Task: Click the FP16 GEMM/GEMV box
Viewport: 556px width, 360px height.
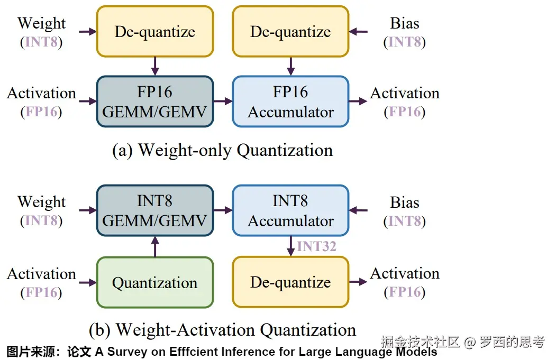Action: (155, 101)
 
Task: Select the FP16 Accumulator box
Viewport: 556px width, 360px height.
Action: (290, 101)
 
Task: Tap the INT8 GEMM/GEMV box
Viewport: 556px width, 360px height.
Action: (155, 210)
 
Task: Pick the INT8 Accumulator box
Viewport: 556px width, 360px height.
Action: (290, 210)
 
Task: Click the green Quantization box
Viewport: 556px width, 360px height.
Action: (155, 282)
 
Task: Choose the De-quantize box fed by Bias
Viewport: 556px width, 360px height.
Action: (290, 32)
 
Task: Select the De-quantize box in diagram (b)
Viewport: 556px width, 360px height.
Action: (290, 282)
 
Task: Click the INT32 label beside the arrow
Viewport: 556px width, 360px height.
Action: (316, 246)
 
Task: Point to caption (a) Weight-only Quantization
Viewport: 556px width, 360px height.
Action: (223, 150)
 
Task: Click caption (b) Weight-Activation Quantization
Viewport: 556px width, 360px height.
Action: (223, 330)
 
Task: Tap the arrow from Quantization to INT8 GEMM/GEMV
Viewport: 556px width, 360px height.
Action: (155, 246)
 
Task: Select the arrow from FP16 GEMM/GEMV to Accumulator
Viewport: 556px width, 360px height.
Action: (223, 101)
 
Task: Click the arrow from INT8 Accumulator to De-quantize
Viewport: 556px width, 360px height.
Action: (290, 246)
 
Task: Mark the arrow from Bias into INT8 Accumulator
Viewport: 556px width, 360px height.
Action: (358, 210)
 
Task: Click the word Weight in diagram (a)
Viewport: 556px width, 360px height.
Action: (41, 23)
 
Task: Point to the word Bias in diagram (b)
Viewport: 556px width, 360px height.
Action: (405, 202)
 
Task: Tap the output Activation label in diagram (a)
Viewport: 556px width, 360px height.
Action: (405, 93)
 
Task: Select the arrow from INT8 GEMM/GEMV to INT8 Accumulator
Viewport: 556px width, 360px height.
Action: (223, 210)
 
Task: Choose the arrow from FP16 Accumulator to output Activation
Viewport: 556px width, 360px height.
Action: (358, 101)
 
